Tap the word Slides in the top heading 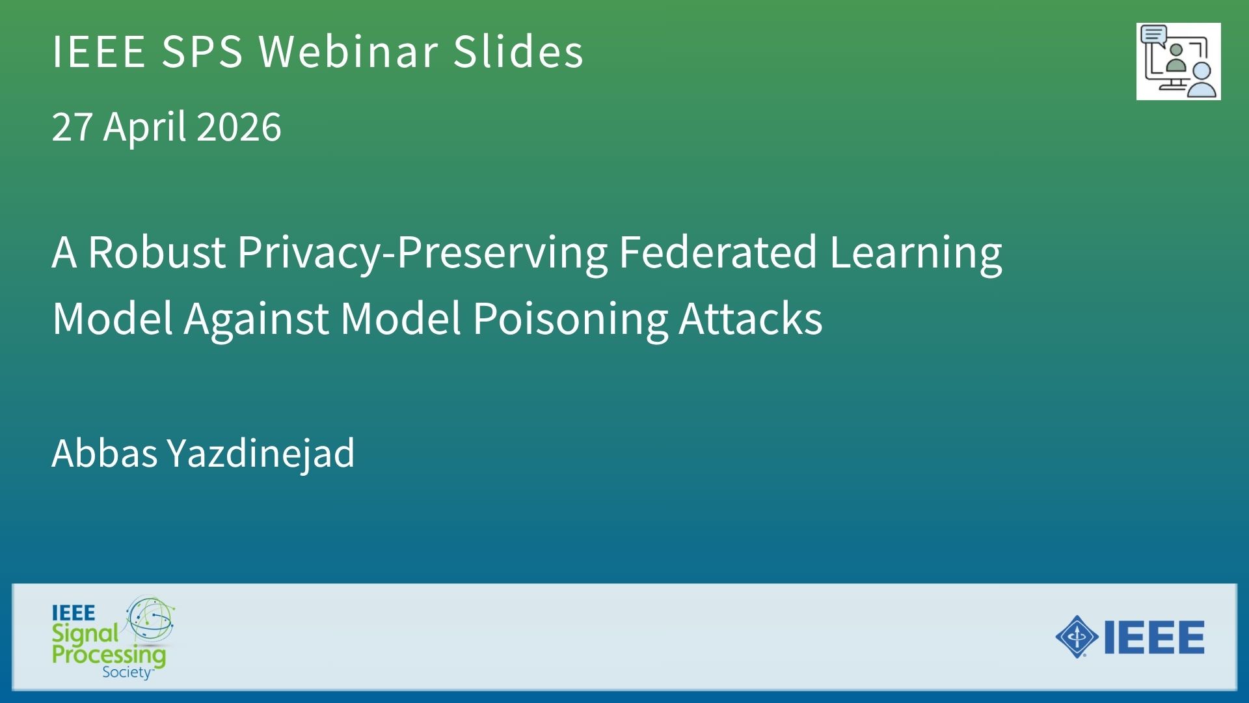518,51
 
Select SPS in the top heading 202,51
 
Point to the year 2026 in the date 239,126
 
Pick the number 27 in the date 72,126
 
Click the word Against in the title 256,319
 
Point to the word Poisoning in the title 570,319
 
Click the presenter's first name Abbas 104,452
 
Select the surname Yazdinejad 261,454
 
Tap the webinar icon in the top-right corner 1178,61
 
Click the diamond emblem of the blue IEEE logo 1077,637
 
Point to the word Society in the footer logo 127,672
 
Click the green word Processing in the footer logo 109,654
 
